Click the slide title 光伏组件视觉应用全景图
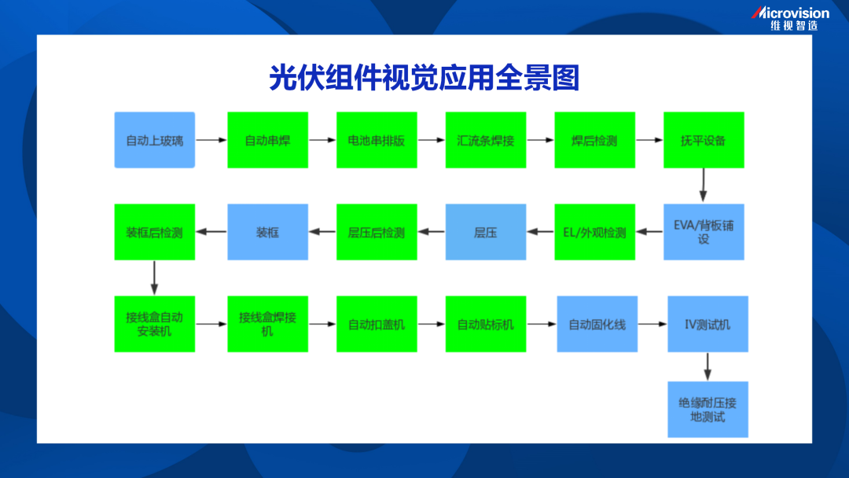coord(424,77)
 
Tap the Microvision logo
coord(790,18)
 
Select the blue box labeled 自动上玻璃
coord(155,140)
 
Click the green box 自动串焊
coord(267,140)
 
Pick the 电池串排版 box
coord(377,140)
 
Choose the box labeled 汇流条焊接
coord(486,140)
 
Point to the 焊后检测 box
coord(594,140)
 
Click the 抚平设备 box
coord(704,140)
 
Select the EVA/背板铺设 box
coord(704,232)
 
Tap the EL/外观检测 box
coord(594,232)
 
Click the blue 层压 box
coord(486,232)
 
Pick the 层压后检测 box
coord(377,232)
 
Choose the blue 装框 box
coord(267,232)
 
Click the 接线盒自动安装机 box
coord(155,324)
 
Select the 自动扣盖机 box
coord(377,324)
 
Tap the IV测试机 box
coord(707,324)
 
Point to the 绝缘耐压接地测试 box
coord(707,410)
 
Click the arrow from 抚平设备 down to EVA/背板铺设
coord(704,185)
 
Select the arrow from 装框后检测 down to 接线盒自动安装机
coord(154,278)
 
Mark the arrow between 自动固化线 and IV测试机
coord(652,324)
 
